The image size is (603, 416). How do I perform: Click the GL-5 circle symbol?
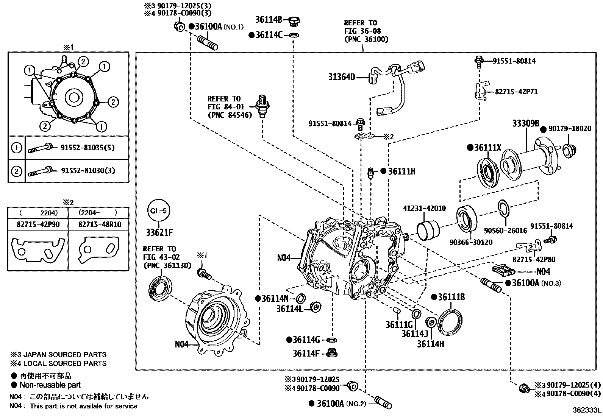tap(158, 210)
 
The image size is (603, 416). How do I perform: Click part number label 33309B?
tap(525, 123)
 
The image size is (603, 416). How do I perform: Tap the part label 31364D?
tap(342, 77)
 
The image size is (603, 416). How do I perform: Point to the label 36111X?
tap(487, 148)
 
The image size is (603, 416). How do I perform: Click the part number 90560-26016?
tap(505, 231)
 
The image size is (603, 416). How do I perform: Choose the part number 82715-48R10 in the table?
tap(100, 224)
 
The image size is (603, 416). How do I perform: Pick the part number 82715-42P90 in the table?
tap(38, 224)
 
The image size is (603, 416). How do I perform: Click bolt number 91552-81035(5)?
tap(87, 147)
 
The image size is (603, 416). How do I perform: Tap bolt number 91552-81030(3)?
tap(87, 170)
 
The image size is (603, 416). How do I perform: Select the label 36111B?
tap(451, 297)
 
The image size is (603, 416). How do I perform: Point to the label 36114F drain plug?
tap(306, 354)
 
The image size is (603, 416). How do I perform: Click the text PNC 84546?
tap(230, 115)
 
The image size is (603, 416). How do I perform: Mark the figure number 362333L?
tap(586, 410)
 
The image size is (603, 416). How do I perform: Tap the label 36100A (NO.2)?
tap(337, 404)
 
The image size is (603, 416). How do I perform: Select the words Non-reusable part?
tap(50, 385)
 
